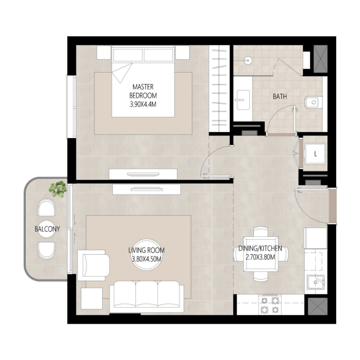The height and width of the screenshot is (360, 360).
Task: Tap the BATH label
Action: click(x=280, y=96)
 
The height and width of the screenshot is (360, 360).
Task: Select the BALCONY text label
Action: click(x=47, y=229)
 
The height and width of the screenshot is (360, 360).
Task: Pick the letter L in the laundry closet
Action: click(x=315, y=153)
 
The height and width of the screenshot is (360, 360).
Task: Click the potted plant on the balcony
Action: click(x=58, y=189)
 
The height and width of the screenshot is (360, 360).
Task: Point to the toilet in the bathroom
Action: click(x=311, y=103)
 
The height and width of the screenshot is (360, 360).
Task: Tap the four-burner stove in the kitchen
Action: click(x=269, y=304)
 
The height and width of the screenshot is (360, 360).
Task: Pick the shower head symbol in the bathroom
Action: click(x=247, y=59)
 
